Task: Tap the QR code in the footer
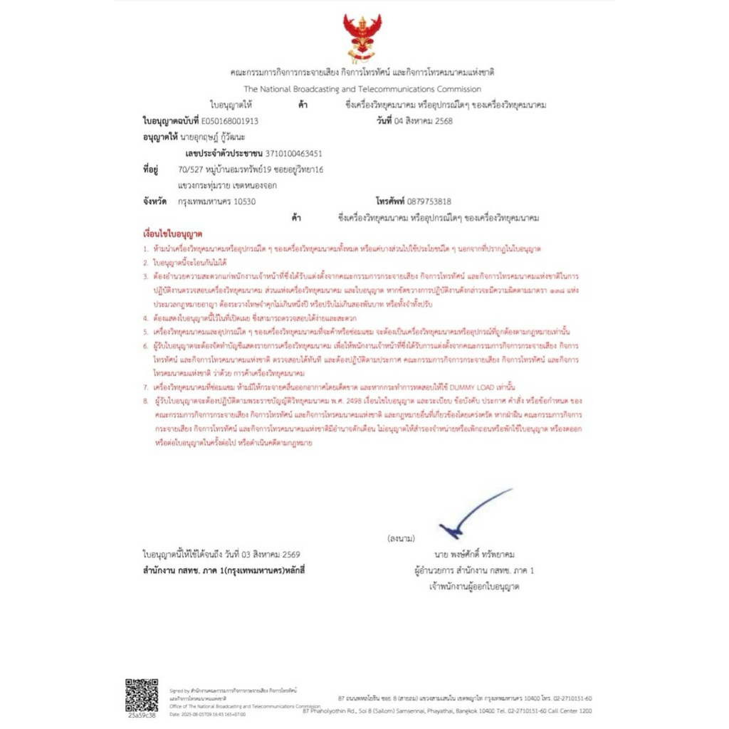click(142, 694)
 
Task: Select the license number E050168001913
click(230, 121)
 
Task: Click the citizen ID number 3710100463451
click(293, 152)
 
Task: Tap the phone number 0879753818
click(427, 201)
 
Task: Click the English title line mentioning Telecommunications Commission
click(362, 89)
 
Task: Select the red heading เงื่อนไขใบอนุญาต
click(173, 234)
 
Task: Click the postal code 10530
click(243, 201)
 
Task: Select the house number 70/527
click(189, 169)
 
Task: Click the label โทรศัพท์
click(394, 201)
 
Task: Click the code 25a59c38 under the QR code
click(142, 714)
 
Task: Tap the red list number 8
click(145, 402)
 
